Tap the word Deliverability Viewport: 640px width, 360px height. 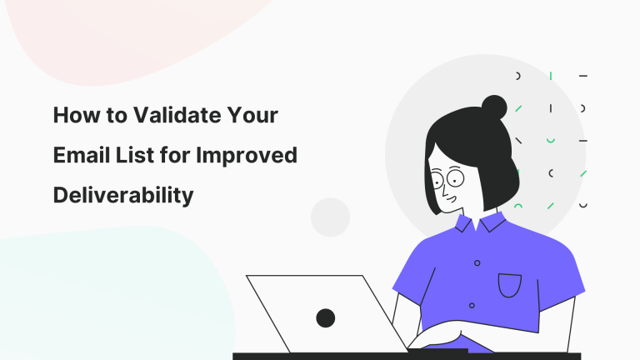pyautogui.click(x=123, y=195)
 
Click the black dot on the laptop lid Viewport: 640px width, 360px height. pyautogui.click(x=325, y=317)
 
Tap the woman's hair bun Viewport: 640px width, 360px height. pyautogui.click(x=494, y=107)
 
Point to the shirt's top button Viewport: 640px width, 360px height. pyautogui.click(x=477, y=262)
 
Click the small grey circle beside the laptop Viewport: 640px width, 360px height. pyautogui.click(x=330, y=217)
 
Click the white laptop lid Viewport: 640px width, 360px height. pyautogui.click(x=317, y=308)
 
